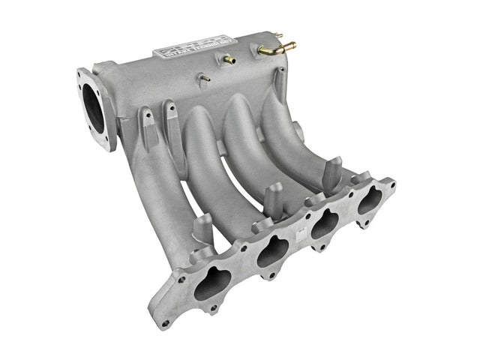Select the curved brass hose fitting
274,48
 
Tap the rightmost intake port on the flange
369,199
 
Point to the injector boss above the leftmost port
202,228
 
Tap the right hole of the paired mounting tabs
172,109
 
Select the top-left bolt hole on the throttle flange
81,74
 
